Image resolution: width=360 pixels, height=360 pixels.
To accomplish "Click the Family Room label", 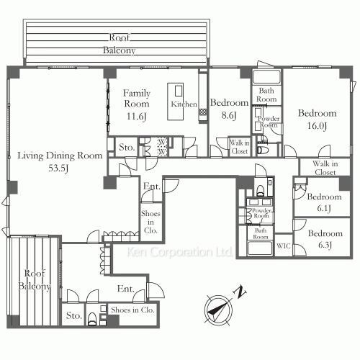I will [136, 99].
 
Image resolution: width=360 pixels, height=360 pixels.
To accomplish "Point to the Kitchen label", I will [184, 104].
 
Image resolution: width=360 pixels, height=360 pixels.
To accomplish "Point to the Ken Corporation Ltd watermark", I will [179, 253].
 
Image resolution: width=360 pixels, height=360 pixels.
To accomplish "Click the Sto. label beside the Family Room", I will [127, 147].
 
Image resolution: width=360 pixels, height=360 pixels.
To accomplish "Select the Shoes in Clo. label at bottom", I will [133, 310].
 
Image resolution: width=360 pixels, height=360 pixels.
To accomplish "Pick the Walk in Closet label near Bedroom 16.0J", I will [325, 168].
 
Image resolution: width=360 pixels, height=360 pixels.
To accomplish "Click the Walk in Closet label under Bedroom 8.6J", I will [240, 147].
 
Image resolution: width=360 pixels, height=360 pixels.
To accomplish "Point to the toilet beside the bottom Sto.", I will [93, 318].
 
